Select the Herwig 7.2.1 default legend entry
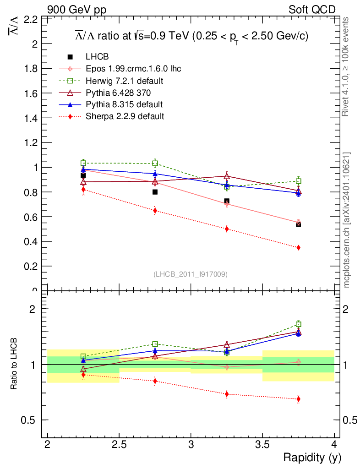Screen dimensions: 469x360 125,81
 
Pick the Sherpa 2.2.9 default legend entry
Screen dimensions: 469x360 125,116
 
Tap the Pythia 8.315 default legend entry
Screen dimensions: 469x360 124,104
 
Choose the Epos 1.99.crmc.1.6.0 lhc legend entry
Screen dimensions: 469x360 133,69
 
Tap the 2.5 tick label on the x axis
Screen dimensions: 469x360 119,444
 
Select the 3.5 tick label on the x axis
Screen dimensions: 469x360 262,444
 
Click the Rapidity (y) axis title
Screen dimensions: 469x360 312,457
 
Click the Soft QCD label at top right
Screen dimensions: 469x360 312,10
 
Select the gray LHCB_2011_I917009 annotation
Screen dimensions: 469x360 191,274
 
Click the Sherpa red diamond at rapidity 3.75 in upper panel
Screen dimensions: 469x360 299,247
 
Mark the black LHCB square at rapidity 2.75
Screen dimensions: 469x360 155,192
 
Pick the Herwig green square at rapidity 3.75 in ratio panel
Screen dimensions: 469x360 299,324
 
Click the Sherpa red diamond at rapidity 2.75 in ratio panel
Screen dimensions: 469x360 155,381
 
